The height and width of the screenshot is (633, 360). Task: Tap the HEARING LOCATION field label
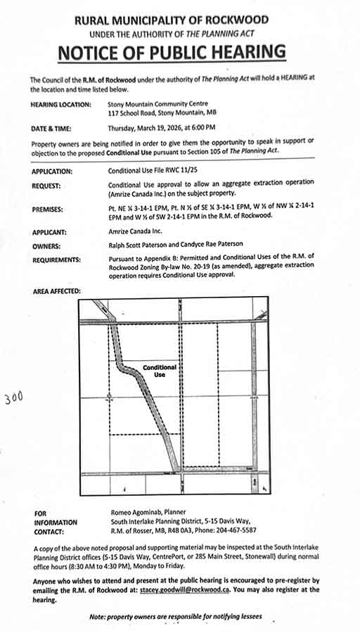tap(61, 104)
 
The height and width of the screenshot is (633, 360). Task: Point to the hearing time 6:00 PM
tap(201, 129)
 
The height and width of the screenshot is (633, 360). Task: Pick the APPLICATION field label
tap(52, 171)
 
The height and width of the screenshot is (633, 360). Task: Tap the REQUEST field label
tap(47, 186)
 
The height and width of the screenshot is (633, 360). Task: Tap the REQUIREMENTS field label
tap(57, 260)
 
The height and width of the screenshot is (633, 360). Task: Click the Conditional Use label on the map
tap(160, 371)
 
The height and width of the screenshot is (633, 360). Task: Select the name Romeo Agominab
tap(140, 513)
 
